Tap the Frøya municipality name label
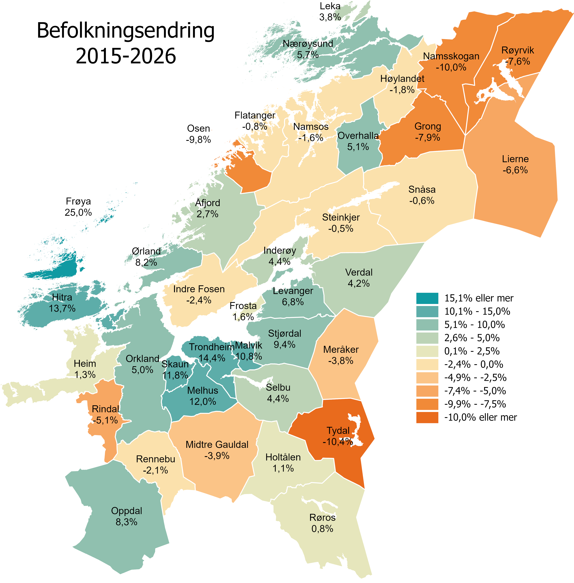click(x=78, y=201)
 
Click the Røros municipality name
click(x=322, y=517)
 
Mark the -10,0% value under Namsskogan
click(x=451, y=67)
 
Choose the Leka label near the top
click(x=330, y=6)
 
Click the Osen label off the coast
click(x=198, y=128)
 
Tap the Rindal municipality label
click(x=105, y=409)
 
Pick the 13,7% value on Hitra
click(x=62, y=308)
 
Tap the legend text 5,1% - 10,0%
click(x=474, y=325)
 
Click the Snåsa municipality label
click(x=422, y=190)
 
